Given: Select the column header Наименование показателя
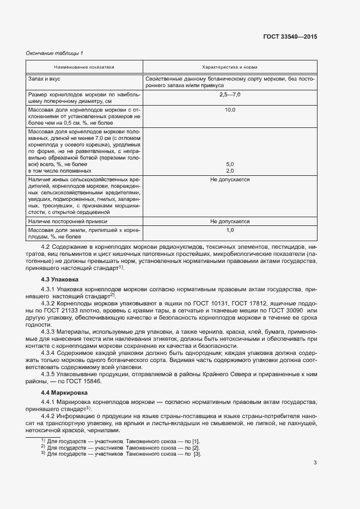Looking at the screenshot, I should [x=84, y=67].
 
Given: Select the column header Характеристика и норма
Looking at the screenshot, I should [x=229, y=67].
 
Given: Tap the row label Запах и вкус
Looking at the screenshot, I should [x=44, y=79].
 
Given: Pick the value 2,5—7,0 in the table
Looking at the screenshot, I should [x=229, y=95].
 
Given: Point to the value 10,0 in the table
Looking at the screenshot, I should [x=229, y=110].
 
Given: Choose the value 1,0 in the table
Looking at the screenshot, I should [x=229, y=231].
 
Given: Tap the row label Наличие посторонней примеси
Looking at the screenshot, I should [x=68, y=222].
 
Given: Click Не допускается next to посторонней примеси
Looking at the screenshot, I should [x=229, y=222].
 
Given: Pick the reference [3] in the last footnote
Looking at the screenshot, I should [x=197, y=454].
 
